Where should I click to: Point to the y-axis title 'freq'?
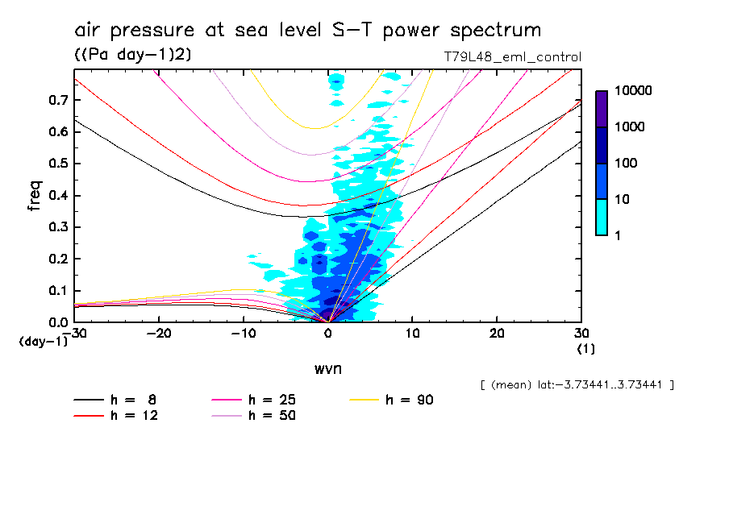click(35, 197)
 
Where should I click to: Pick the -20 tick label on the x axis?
click(160, 333)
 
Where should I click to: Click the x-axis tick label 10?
click(412, 333)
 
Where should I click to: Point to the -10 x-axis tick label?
click(244, 333)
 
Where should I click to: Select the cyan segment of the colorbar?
click(602, 217)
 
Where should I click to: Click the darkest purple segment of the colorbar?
click(602, 109)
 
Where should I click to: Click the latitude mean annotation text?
click(577, 385)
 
